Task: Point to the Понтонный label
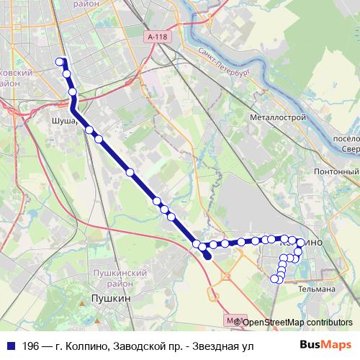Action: point(337,172)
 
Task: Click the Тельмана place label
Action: point(318,289)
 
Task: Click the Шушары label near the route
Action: point(64,122)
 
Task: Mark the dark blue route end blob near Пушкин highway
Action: point(207,255)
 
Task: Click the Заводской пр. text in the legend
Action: point(144,346)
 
